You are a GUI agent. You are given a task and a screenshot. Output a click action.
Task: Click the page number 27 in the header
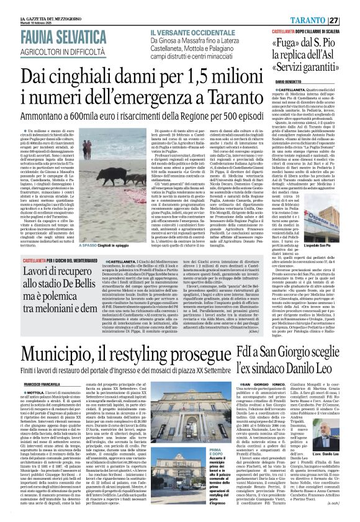coord(349,20)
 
